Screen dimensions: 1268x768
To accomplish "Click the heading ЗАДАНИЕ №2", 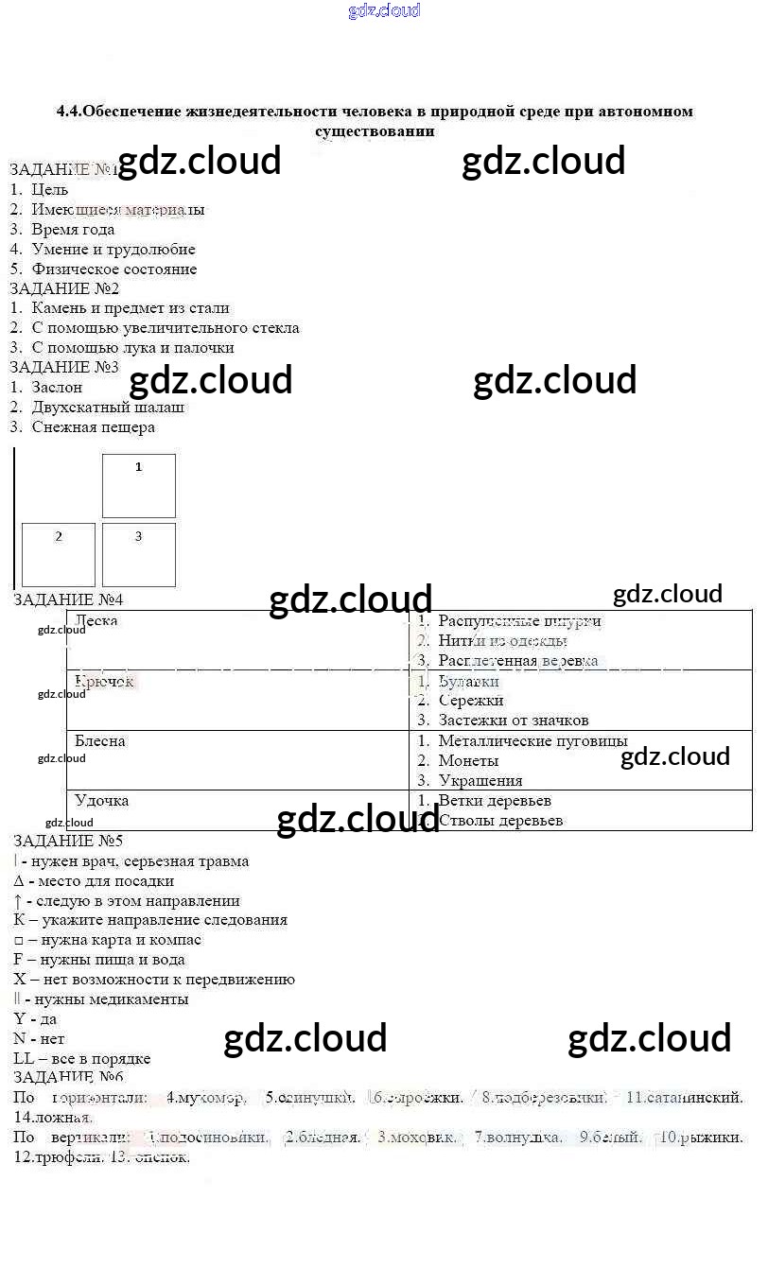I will [64, 288].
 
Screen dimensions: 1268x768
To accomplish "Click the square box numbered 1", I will [138, 486].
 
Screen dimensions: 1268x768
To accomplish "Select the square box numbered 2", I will [59, 555].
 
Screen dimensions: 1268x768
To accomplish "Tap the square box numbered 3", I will [138, 555].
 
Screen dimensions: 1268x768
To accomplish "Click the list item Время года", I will [73, 229].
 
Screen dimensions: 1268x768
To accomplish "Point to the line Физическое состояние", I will [113, 269].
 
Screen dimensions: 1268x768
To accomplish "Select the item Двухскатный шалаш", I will [108, 407].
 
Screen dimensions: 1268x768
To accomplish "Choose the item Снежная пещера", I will [93, 426].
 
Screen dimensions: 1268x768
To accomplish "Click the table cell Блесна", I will [100, 741].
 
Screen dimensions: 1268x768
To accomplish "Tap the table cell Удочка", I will [101, 801].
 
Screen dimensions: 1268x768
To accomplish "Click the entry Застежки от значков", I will [513, 721].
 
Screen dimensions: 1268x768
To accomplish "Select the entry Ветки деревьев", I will [494, 801].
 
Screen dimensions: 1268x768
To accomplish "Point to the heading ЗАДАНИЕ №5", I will [68, 841].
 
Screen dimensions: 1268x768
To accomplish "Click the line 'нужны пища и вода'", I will [106, 960].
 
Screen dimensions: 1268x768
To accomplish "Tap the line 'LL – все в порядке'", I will [82, 1058].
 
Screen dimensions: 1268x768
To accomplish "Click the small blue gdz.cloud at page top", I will [384, 11].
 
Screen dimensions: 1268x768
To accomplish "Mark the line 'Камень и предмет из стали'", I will [130, 308].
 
